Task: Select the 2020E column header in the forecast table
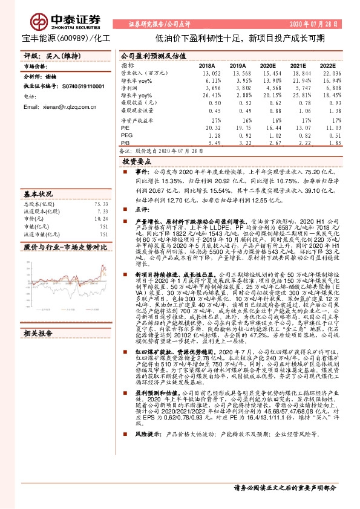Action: (268, 65)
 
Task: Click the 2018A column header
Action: (207, 65)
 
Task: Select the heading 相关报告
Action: (38, 316)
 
